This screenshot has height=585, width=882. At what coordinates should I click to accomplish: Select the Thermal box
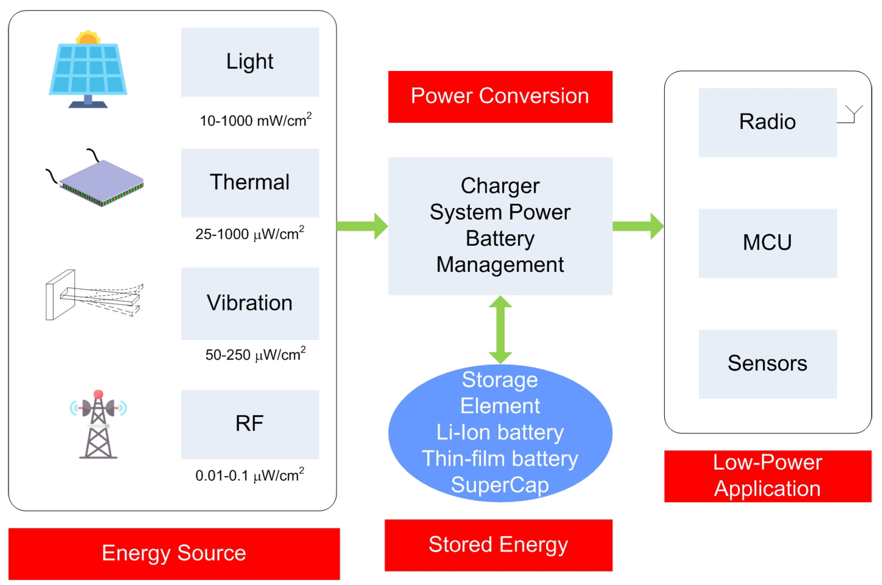pos(250,183)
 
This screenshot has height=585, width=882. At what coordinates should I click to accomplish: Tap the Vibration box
pos(250,304)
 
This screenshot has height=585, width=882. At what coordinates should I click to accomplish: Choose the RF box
pos(250,425)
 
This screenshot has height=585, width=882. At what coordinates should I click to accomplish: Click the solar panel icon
pos(88,69)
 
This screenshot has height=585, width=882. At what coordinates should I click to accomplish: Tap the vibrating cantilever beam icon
pos(94,295)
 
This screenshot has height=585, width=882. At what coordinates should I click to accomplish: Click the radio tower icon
pos(98,424)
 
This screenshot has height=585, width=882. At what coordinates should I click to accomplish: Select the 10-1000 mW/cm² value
pos(256,120)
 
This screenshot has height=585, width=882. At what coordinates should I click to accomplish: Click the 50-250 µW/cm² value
pos(255,354)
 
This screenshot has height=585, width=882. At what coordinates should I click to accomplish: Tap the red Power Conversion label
pos(500,97)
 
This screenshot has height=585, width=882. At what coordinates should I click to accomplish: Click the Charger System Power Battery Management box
pos(500,226)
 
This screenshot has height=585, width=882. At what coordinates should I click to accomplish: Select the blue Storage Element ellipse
pos(500,433)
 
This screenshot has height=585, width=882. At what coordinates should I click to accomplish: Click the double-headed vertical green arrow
pos(500,330)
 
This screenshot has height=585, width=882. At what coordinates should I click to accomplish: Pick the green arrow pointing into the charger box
pos(362,226)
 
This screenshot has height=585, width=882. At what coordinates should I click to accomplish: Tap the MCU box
pos(768,243)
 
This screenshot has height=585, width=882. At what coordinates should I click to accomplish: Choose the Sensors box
pos(768,364)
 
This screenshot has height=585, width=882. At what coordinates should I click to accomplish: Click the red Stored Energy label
pos(499,545)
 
